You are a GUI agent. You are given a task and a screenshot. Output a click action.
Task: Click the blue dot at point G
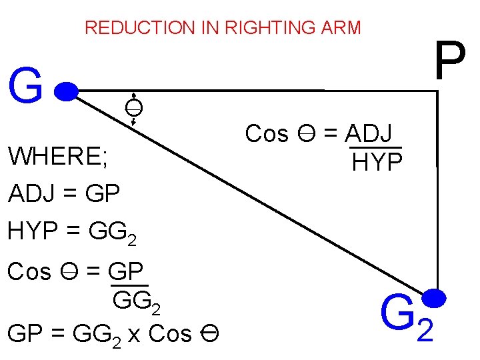pos(67,90)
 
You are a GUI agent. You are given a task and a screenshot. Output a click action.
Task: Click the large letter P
pos(449,62)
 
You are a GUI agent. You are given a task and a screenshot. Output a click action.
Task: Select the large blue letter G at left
pos(26,88)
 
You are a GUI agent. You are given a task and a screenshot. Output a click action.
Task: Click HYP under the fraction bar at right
pos(377,161)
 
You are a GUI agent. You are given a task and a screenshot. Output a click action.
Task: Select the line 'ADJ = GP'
pos(64,194)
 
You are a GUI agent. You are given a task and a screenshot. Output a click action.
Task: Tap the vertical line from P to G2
pos(437,200)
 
